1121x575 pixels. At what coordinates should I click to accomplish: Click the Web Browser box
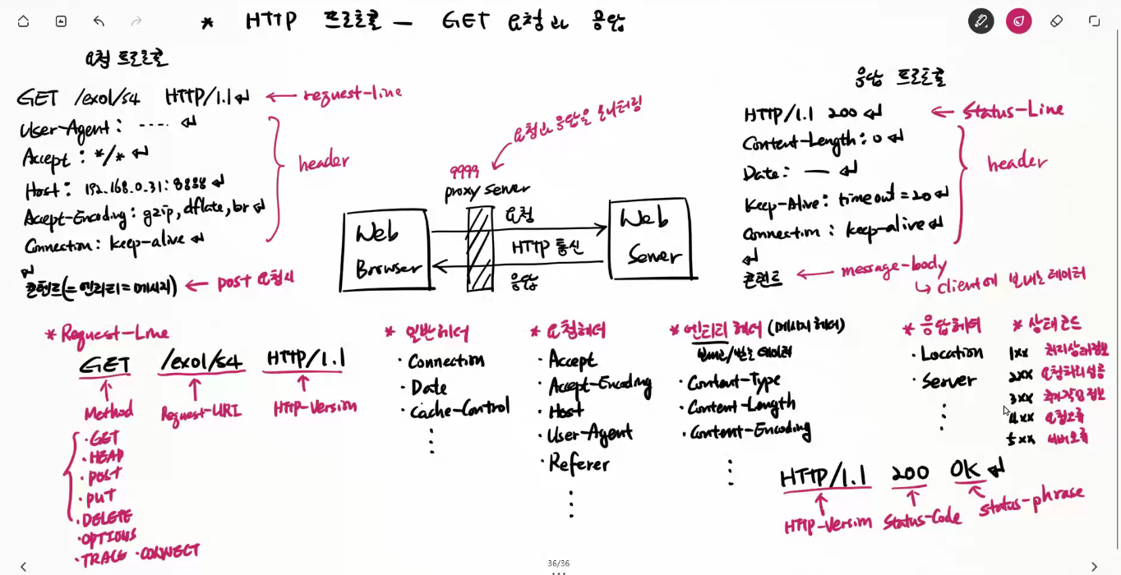[387, 251]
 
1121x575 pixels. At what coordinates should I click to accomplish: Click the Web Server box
[650, 238]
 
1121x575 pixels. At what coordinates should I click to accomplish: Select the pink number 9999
[464, 171]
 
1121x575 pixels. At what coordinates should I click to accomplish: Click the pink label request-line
[353, 94]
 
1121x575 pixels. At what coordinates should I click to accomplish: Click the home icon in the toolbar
[23, 21]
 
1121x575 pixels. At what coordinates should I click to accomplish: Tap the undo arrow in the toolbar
[99, 21]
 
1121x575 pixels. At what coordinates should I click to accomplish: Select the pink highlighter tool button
[1018, 21]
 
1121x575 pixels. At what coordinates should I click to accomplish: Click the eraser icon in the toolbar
[1056, 21]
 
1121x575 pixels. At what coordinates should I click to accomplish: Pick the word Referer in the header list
[579, 463]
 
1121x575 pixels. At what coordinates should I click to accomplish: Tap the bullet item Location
[951, 353]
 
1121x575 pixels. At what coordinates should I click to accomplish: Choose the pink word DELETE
[107, 518]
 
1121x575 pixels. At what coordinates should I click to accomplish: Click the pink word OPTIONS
[108, 537]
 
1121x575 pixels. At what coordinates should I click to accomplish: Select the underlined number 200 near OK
[910, 473]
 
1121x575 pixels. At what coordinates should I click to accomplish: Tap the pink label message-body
[894, 268]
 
